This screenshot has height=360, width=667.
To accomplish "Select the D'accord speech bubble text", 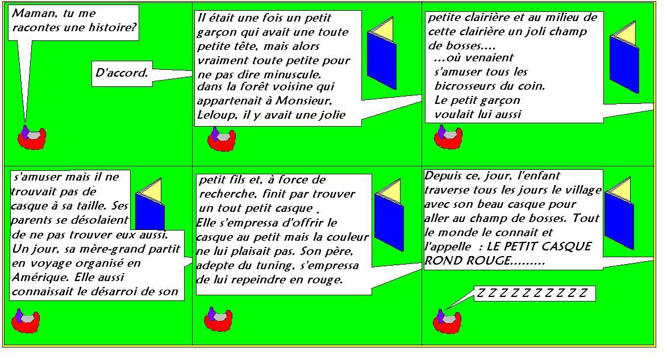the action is (122, 73).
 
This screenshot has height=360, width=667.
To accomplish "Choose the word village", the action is (583, 190).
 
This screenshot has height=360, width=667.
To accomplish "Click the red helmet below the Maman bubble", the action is (31, 137).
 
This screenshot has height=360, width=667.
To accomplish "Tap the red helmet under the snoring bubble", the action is (447, 321).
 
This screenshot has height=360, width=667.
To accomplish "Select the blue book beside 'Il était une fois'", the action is (382, 53).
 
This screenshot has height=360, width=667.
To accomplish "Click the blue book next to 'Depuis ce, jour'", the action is (619, 214).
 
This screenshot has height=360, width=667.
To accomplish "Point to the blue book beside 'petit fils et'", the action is (389, 215).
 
